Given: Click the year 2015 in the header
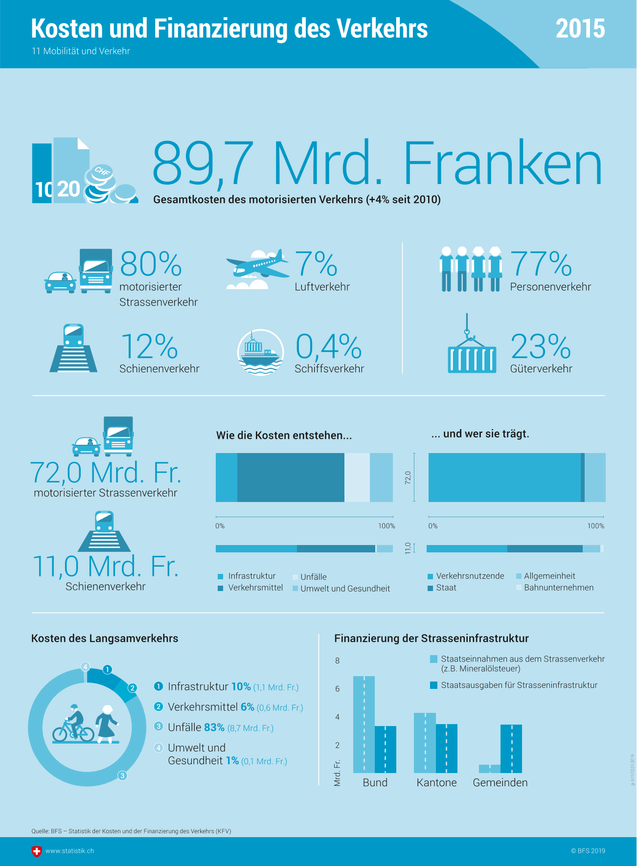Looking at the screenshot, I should click(580, 29).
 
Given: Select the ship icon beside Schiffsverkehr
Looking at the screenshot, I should click(260, 352).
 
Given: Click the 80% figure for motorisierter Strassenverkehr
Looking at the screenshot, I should click(151, 264).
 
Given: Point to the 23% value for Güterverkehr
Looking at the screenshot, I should click(541, 346).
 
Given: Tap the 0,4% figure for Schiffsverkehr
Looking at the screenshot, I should click(328, 346).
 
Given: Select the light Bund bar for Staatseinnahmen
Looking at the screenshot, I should click(364, 724).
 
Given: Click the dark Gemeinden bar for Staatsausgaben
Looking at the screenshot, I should click(511, 749).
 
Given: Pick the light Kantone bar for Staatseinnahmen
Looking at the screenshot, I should click(425, 742).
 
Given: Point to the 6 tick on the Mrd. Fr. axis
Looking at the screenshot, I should click(337, 689).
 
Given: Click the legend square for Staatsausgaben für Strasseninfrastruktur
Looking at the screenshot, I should click(433, 685).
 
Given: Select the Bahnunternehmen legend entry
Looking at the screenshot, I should click(558, 588).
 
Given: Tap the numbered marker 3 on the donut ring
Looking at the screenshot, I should click(122, 775).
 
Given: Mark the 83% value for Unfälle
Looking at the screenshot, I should click(214, 728).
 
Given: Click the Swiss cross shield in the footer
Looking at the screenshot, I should click(37, 851).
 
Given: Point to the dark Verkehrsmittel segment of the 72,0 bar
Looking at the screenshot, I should click(291, 478).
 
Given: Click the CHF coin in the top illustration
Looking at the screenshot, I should click(102, 172).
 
